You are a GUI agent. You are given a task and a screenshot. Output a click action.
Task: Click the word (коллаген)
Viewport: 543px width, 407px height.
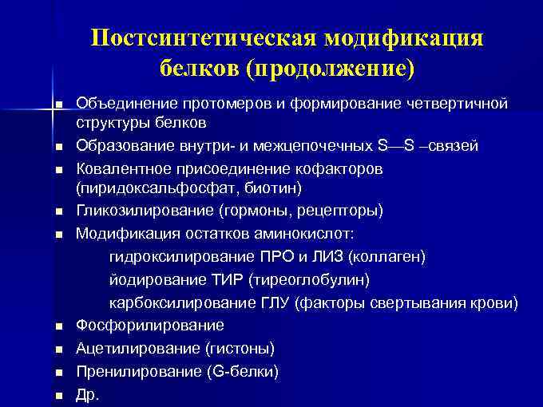tap(386, 257)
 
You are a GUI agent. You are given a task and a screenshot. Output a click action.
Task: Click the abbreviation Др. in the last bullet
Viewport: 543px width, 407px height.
tap(88, 394)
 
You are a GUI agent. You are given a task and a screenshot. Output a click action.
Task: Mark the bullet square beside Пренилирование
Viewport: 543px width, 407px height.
tap(59, 373)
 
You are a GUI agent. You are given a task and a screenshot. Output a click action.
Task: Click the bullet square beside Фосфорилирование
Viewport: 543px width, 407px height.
tap(59, 326)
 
